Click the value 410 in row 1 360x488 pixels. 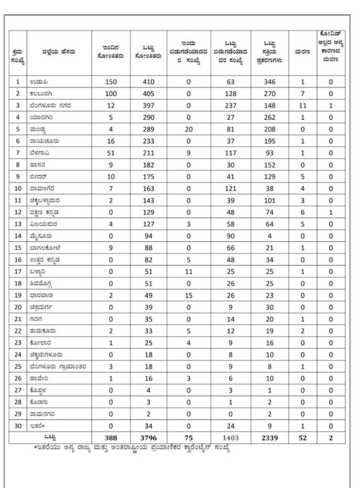click(149, 82)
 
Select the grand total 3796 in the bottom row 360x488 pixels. click(149, 437)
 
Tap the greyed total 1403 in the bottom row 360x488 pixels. click(231, 437)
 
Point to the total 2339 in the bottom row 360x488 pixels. click(270, 437)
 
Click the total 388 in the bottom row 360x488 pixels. click(110, 437)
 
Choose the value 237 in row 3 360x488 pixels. click(231, 106)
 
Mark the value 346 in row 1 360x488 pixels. click(270, 82)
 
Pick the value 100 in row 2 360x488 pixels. click(110, 94)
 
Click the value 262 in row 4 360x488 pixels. click(270, 117)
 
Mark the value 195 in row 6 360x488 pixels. click(270, 141)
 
